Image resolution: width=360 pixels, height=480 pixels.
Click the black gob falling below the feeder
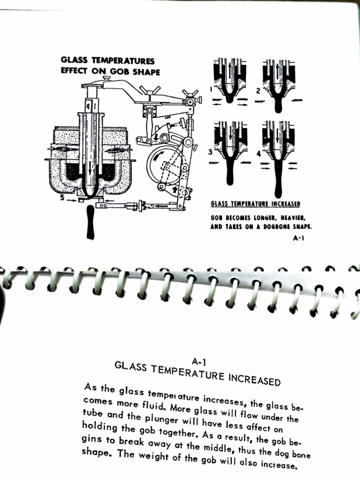pyautogui.click(x=90, y=225)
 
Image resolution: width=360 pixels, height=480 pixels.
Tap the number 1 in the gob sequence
pyautogui.click(x=210, y=88)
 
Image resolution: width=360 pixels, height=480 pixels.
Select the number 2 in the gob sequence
pyautogui.click(x=257, y=90)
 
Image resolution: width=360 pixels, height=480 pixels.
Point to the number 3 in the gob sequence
pyautogui.click(x=210, y=152)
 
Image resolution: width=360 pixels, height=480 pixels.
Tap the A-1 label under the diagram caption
pyautogui.click(x=299, y=238)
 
